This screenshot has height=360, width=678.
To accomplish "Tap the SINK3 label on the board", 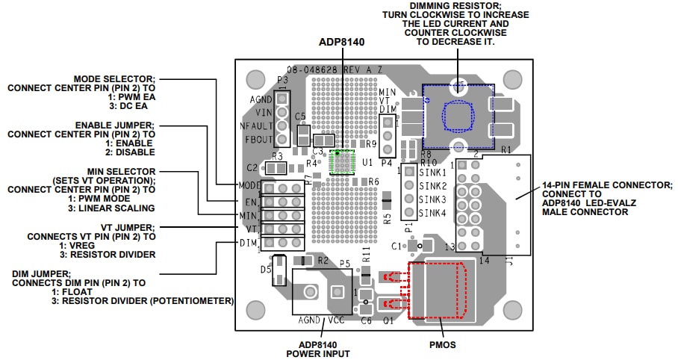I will [x=432, y=199].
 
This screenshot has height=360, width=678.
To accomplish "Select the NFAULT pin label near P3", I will [x=256, y=125].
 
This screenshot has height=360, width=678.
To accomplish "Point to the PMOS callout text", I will [x=442, y=344].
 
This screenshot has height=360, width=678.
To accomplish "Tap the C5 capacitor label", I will [x=300, y=117].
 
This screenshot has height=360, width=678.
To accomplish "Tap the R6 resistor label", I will [x=373, y=181].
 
